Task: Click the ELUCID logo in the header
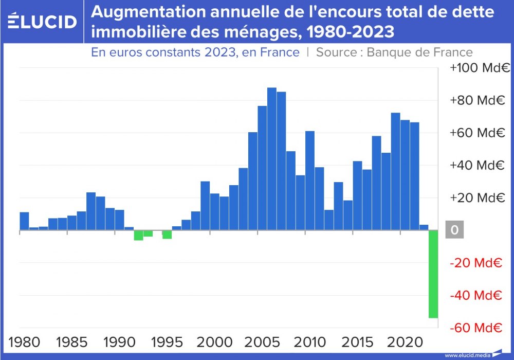(43, 22)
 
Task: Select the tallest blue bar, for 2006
(272, 159)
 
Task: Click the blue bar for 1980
(24, 221)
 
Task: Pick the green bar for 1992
(138, 236)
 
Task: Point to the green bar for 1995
(167, 235)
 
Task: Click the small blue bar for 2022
(424, 228)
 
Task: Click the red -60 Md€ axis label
(475, 328)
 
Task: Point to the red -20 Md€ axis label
(475, 263)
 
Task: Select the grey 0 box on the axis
(454, 230)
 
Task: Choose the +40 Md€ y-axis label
(476, 166)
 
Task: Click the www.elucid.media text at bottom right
(467, 355)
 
